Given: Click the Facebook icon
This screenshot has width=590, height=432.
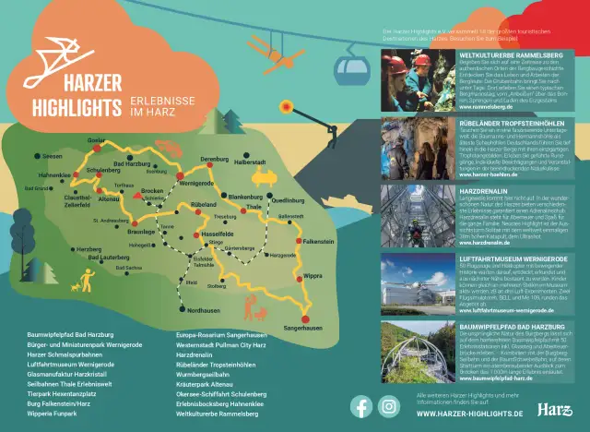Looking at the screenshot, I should tap(361, 406).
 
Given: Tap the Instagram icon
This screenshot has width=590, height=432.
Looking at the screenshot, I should tap(391, 406).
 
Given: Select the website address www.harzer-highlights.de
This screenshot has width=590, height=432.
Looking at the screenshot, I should tap(470, 414).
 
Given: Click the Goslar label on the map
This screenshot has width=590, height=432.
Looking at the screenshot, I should tap(96, 139).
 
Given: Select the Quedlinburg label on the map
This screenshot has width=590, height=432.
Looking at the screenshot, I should tap(288, 199).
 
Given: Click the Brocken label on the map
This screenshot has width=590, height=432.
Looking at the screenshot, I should tap(153, 190).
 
